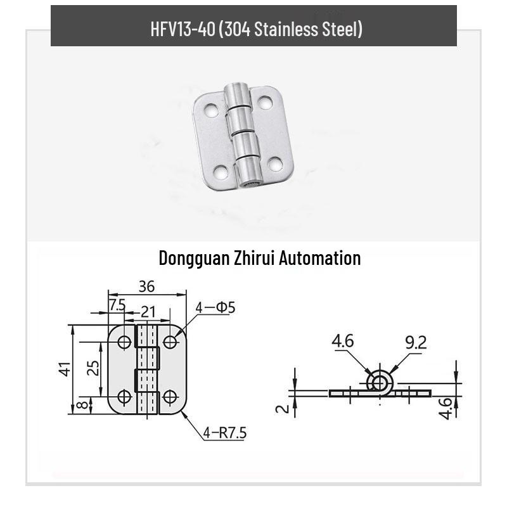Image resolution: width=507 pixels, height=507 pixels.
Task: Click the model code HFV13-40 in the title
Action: pyautogui.click(x=183, y=29)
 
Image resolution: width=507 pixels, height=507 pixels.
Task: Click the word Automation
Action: pyautogui.click(x=320, y=258)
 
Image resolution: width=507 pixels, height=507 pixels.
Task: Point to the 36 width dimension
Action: pyautogui.click(x=147, y=286)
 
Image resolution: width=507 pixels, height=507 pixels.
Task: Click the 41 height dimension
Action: pyautogui.click(x=65, y=369)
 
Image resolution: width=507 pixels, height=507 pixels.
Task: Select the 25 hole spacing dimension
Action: pyautogui.click(x=93, y=368)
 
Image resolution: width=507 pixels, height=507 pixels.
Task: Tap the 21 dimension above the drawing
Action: pyautogui.click(x=148, y=312)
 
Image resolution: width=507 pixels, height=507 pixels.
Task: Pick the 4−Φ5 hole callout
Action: pyautogui.click(x=215, y=307)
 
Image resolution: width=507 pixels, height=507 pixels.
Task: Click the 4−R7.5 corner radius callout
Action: pyautogui.click(x=225, y=433)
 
